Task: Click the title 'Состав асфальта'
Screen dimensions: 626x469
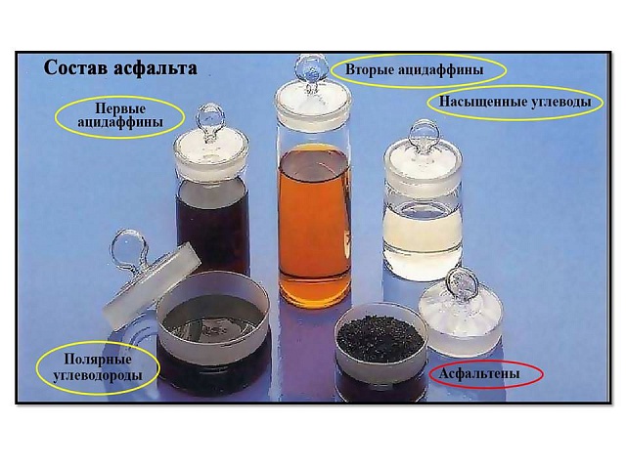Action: [120, 67]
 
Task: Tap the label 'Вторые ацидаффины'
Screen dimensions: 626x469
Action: [414, 69]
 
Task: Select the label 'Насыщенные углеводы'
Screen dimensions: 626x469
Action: [515, 102]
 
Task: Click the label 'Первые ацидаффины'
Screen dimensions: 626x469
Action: [120, 115]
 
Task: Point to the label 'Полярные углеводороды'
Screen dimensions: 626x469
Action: [98, 367]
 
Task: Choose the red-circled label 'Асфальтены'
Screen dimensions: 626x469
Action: [479, 373]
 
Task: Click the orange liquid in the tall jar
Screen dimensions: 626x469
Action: [314, 224]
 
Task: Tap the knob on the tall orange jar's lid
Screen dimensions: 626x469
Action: [311, 68]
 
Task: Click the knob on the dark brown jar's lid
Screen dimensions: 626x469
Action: [210, 119]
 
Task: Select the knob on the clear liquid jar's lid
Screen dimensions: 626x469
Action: [425, 135]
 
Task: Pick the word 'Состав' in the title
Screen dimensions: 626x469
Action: [76, 67]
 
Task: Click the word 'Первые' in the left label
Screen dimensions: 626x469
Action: [120, 108]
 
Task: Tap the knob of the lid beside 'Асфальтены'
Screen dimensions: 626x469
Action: [463, 282]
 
